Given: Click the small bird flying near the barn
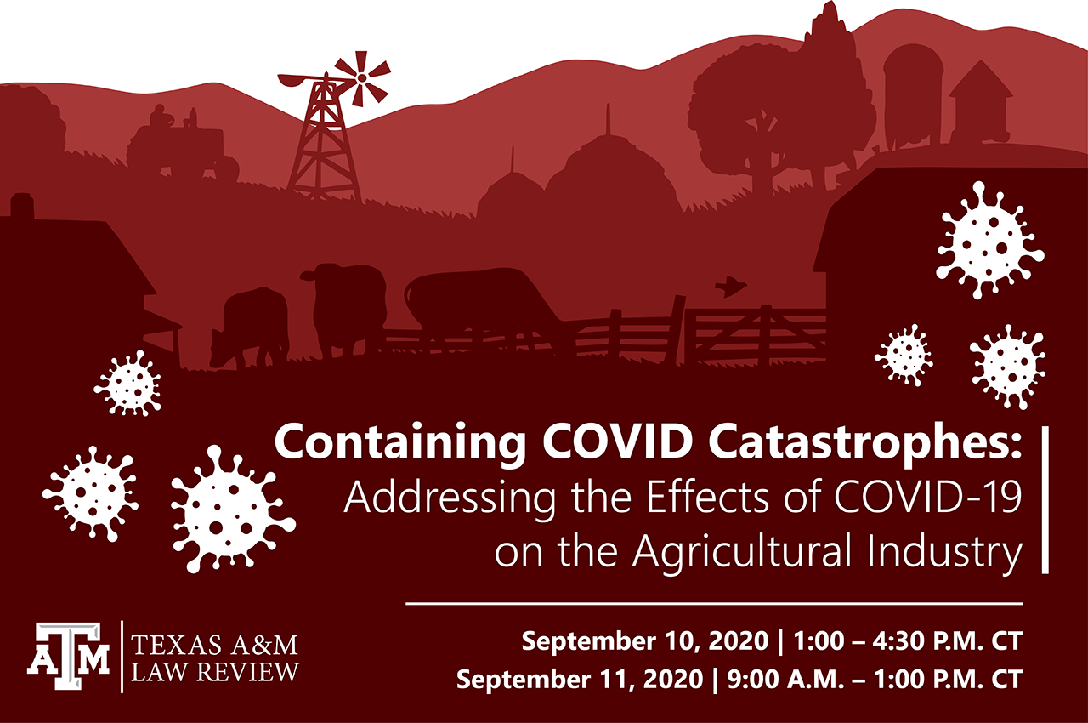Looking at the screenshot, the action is point(730,286).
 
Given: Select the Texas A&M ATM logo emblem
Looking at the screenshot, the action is point(68,656).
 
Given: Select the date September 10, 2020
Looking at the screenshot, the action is point(645,640).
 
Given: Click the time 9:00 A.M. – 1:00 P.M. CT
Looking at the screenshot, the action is point(875,679).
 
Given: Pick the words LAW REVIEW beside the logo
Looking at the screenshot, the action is point(215,671).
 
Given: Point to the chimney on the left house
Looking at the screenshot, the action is point(22,206).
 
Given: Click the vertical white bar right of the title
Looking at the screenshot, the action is point(1045,500).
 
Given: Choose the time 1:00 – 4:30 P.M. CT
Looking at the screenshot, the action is point(908,640).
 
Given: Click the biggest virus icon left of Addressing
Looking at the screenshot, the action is point(233,509).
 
